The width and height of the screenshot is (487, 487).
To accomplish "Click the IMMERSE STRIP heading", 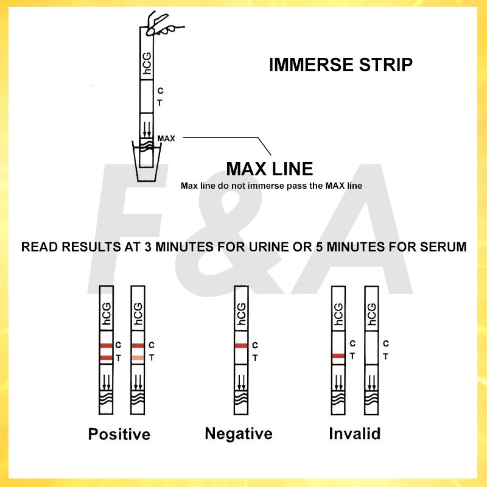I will coord(340,65).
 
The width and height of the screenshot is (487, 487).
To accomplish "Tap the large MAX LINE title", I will coord(269,169).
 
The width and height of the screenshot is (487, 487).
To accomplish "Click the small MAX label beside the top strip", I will coord(166,138).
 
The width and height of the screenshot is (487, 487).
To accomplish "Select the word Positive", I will coord(119,434).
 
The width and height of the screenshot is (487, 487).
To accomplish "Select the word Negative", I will coord(239,433).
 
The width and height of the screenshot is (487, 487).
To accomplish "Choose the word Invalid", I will coord(354,433).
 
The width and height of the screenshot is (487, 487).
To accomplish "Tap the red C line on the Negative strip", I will coord(241,346).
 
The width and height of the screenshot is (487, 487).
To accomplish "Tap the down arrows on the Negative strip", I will coord(241,381).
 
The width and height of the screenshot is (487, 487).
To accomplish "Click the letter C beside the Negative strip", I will coord(255,345).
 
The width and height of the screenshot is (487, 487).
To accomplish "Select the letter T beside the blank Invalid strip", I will coord(385,357).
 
